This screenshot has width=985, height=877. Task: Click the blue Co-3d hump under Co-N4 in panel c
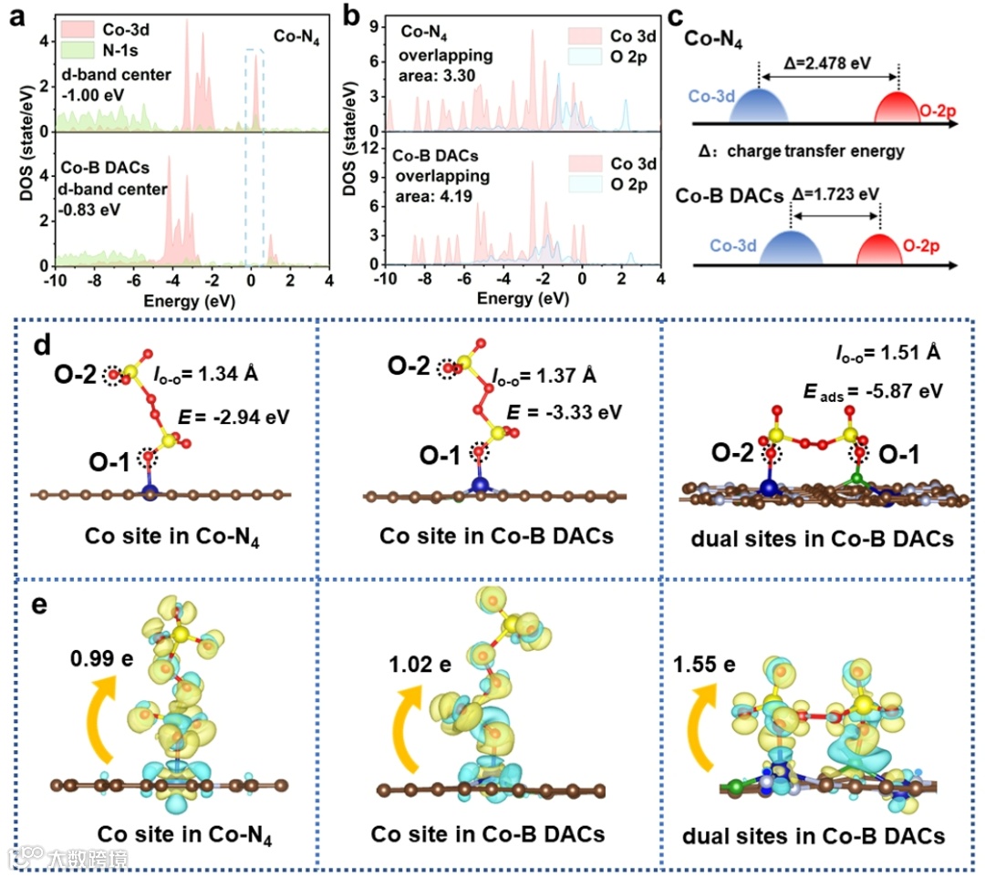(757, 106)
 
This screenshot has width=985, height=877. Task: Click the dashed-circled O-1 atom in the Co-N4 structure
(149, 457)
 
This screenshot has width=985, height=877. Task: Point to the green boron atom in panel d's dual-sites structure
(857, 477)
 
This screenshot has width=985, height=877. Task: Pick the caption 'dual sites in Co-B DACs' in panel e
(815, 836)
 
